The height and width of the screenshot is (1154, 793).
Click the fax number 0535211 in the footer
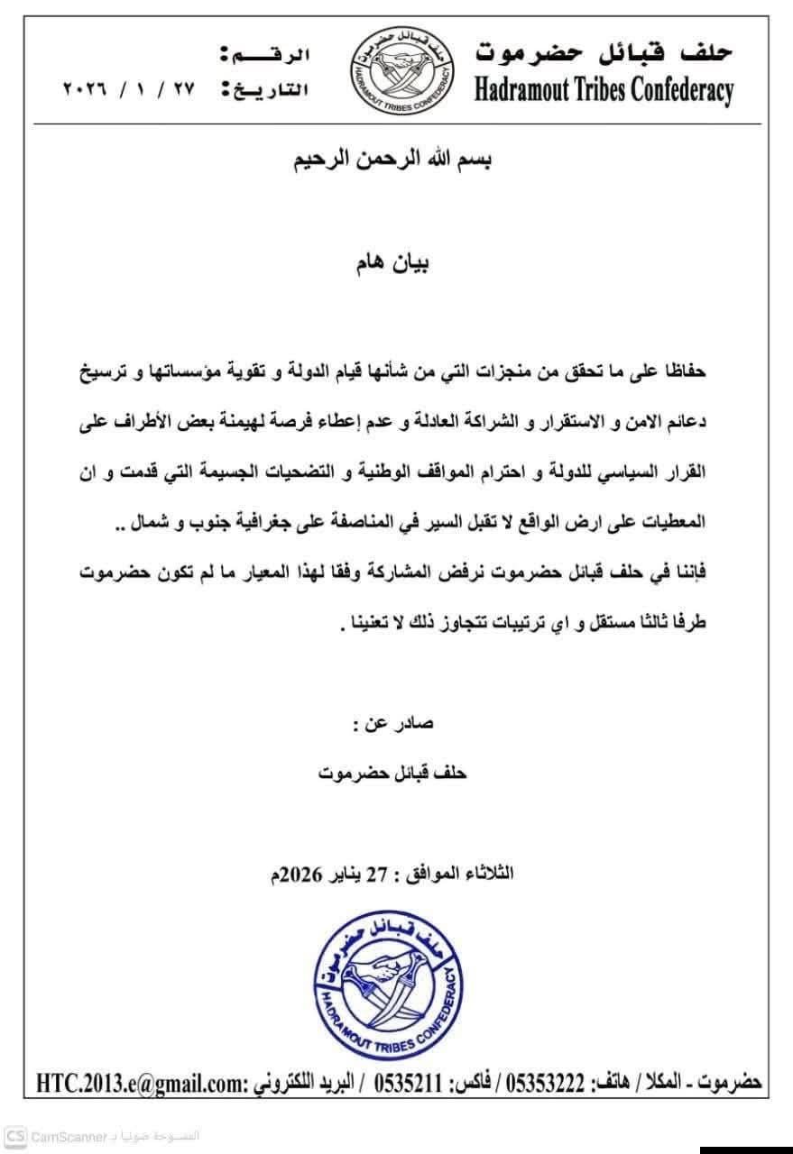coord(397,1082)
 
